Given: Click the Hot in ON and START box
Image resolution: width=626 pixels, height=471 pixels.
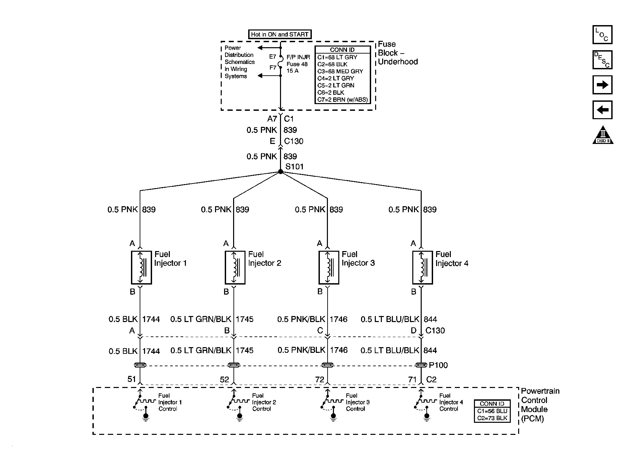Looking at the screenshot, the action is tap(280, 34).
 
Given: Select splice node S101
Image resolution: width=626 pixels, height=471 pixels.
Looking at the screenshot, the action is tap(281, 172).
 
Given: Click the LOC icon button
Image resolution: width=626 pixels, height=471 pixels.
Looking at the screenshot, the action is tap(602, 34).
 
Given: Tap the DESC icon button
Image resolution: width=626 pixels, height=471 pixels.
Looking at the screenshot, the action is tap(602, 60).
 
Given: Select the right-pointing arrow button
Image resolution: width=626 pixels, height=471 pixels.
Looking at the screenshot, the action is tap(602, 85).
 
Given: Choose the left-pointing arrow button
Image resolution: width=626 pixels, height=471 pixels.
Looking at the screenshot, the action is tap(602, 110).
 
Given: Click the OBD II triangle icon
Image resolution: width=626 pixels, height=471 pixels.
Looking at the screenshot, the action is tap(603, 135).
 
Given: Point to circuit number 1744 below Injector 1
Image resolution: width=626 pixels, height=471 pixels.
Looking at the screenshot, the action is tap(151, 319).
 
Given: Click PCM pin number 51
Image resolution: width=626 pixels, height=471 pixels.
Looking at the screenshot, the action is tap(132, 379).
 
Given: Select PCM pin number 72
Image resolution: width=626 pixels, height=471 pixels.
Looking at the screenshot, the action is tap(320, 379).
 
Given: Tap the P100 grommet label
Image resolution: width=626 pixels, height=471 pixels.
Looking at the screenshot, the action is tap(438, 365).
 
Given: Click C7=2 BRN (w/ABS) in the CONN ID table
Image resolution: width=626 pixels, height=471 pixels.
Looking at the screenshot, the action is tap(342, 99).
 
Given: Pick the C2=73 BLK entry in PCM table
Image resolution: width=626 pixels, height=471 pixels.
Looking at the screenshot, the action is tap(492, 418).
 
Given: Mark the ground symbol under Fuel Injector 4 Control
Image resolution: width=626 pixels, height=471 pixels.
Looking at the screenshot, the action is tap(427, 416).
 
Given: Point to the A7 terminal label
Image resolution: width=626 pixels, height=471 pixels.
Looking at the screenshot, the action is tap(272, 119).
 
